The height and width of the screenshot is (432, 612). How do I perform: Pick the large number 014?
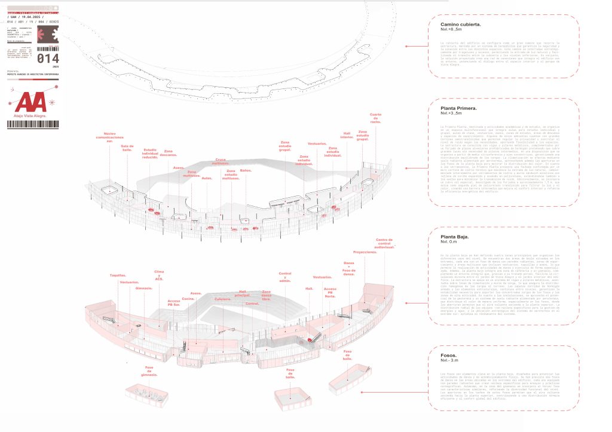48,59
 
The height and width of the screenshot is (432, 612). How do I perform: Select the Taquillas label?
118,275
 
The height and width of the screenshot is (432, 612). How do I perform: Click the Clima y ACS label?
159,275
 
